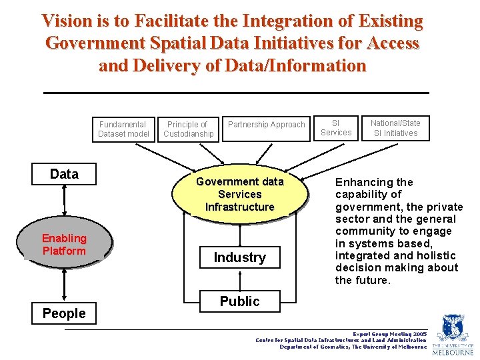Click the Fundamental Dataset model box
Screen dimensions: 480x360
(x=123, y=129)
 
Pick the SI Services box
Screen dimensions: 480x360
(x=335, y=128)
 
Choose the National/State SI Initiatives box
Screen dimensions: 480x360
(x=395, y=128)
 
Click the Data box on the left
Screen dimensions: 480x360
(x=64, y=175)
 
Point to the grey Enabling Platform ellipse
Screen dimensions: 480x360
(x=64, y=245)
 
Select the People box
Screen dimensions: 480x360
(x=64, y=313)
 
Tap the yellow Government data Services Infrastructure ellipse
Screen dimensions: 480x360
(x=240, y=194)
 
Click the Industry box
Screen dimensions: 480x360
(x=240, y=257)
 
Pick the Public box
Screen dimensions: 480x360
(x=240, y=301)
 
